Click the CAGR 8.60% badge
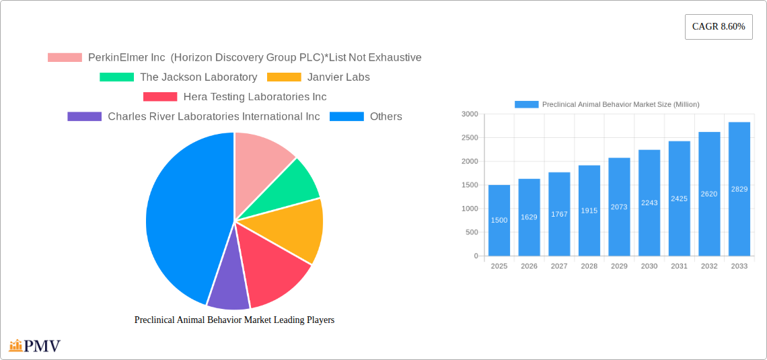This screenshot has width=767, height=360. point(719,27)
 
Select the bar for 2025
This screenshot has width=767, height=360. point(499,221)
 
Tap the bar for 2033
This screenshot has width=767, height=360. point(739,189)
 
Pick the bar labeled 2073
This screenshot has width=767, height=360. point(619,207)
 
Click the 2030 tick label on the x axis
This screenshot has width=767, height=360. point(649,266)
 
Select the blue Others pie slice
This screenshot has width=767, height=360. point(182,215)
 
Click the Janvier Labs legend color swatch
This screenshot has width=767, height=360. point(284,77)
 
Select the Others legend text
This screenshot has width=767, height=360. point(386,116)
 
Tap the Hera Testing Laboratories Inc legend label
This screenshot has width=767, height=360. point(254,97)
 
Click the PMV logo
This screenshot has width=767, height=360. point(35,346)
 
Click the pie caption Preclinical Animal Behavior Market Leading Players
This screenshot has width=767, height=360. point(234,320)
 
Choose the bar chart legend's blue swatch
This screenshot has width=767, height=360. point(526,104)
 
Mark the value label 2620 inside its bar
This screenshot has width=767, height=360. point(709,194)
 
